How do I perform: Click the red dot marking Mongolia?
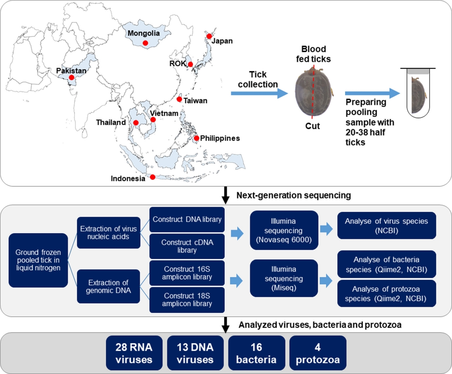[x=145, y=43]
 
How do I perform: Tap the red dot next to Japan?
[x=209, y=36]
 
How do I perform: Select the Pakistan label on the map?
[x=71, y=71]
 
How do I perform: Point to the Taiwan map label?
[x=195, y=101]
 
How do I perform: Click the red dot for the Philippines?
[x=196, y=138]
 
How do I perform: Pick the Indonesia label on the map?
[x=128, y=178]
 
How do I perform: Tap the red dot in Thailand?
[x=136, y=123]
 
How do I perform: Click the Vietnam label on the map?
[x=164, y=113]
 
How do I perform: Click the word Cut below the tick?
[x=313, y=126]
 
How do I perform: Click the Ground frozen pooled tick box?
[x=38, y=260]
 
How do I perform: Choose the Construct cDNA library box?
[x=187, y=246]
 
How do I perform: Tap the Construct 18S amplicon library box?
[x=187, y=299]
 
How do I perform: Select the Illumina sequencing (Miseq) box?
[x=284, y=278]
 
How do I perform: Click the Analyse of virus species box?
[x=386, y=226]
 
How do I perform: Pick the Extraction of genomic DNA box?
[x=108, y=286]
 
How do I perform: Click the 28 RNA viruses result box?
[x=134, y=353]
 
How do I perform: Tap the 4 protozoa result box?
[x=317, y=353]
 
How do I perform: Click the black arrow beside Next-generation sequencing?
[x=225, y=195]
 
